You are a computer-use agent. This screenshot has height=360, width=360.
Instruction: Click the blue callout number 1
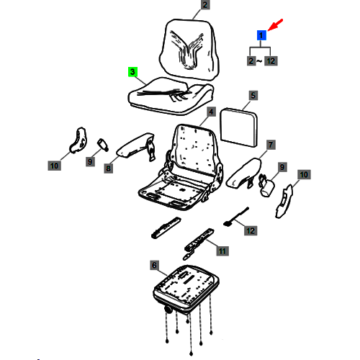[261, 35]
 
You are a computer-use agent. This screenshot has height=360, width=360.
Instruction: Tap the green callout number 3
[132, 72]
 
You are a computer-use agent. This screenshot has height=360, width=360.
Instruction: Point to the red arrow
[275, 24]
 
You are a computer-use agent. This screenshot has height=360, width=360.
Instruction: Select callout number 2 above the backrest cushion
[205, 5]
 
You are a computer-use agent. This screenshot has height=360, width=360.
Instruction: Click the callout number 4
[211, 112]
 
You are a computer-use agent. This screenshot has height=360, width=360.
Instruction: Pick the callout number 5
[253, 96]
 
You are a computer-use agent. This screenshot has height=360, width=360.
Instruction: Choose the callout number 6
[154, 265]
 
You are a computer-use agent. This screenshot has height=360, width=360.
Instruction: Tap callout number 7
[271, 145]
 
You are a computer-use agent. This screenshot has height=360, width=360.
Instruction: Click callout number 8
[109, 168]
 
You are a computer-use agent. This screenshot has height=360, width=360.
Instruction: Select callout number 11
[222, 251]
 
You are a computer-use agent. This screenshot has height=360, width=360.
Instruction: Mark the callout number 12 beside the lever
[251, 231]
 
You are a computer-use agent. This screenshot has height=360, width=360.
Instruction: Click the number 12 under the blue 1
[271, 61]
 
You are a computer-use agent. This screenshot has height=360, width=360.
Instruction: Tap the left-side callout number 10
[54, 166]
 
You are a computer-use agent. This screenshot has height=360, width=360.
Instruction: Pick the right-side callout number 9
[282, 167]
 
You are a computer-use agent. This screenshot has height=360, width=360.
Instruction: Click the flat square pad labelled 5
[239, 127]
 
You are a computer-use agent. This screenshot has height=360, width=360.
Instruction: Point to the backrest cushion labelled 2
[189, 49]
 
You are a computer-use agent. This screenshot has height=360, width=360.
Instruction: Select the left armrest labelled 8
[135, 146]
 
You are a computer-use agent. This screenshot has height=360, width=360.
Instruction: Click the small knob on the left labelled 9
[103, 145]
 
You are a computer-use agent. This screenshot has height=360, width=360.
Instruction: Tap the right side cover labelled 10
[284, 201]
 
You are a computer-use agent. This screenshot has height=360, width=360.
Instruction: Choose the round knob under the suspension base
[168, 310]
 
